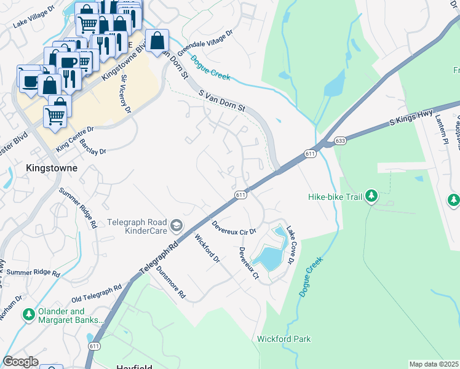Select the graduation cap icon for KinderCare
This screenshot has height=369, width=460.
[x=177, y=226]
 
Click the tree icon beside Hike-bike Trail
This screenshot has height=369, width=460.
[x=371, y=197]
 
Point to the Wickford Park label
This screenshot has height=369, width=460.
[x=284, y=339]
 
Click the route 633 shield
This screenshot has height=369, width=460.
[x=340, y=141]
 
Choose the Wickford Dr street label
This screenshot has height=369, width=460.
[x=207, y=248]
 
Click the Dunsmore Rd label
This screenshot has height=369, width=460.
[x=171, y=282]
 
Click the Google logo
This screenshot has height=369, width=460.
[x=20, y=362]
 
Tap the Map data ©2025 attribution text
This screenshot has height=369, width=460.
[x=434, y=364]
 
